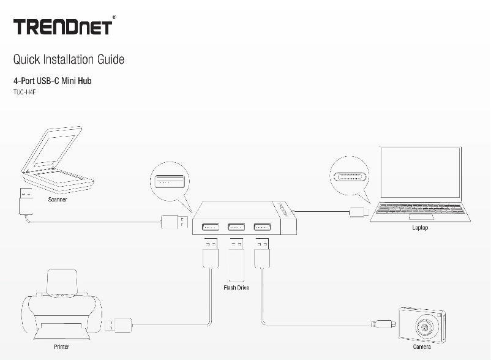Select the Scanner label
(58, 200)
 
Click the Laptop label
(420, 228)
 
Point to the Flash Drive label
(236, 287)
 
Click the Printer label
(61, 347)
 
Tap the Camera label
(421, 347)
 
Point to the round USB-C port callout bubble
(350, 176)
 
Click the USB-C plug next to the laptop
(357, 212)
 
